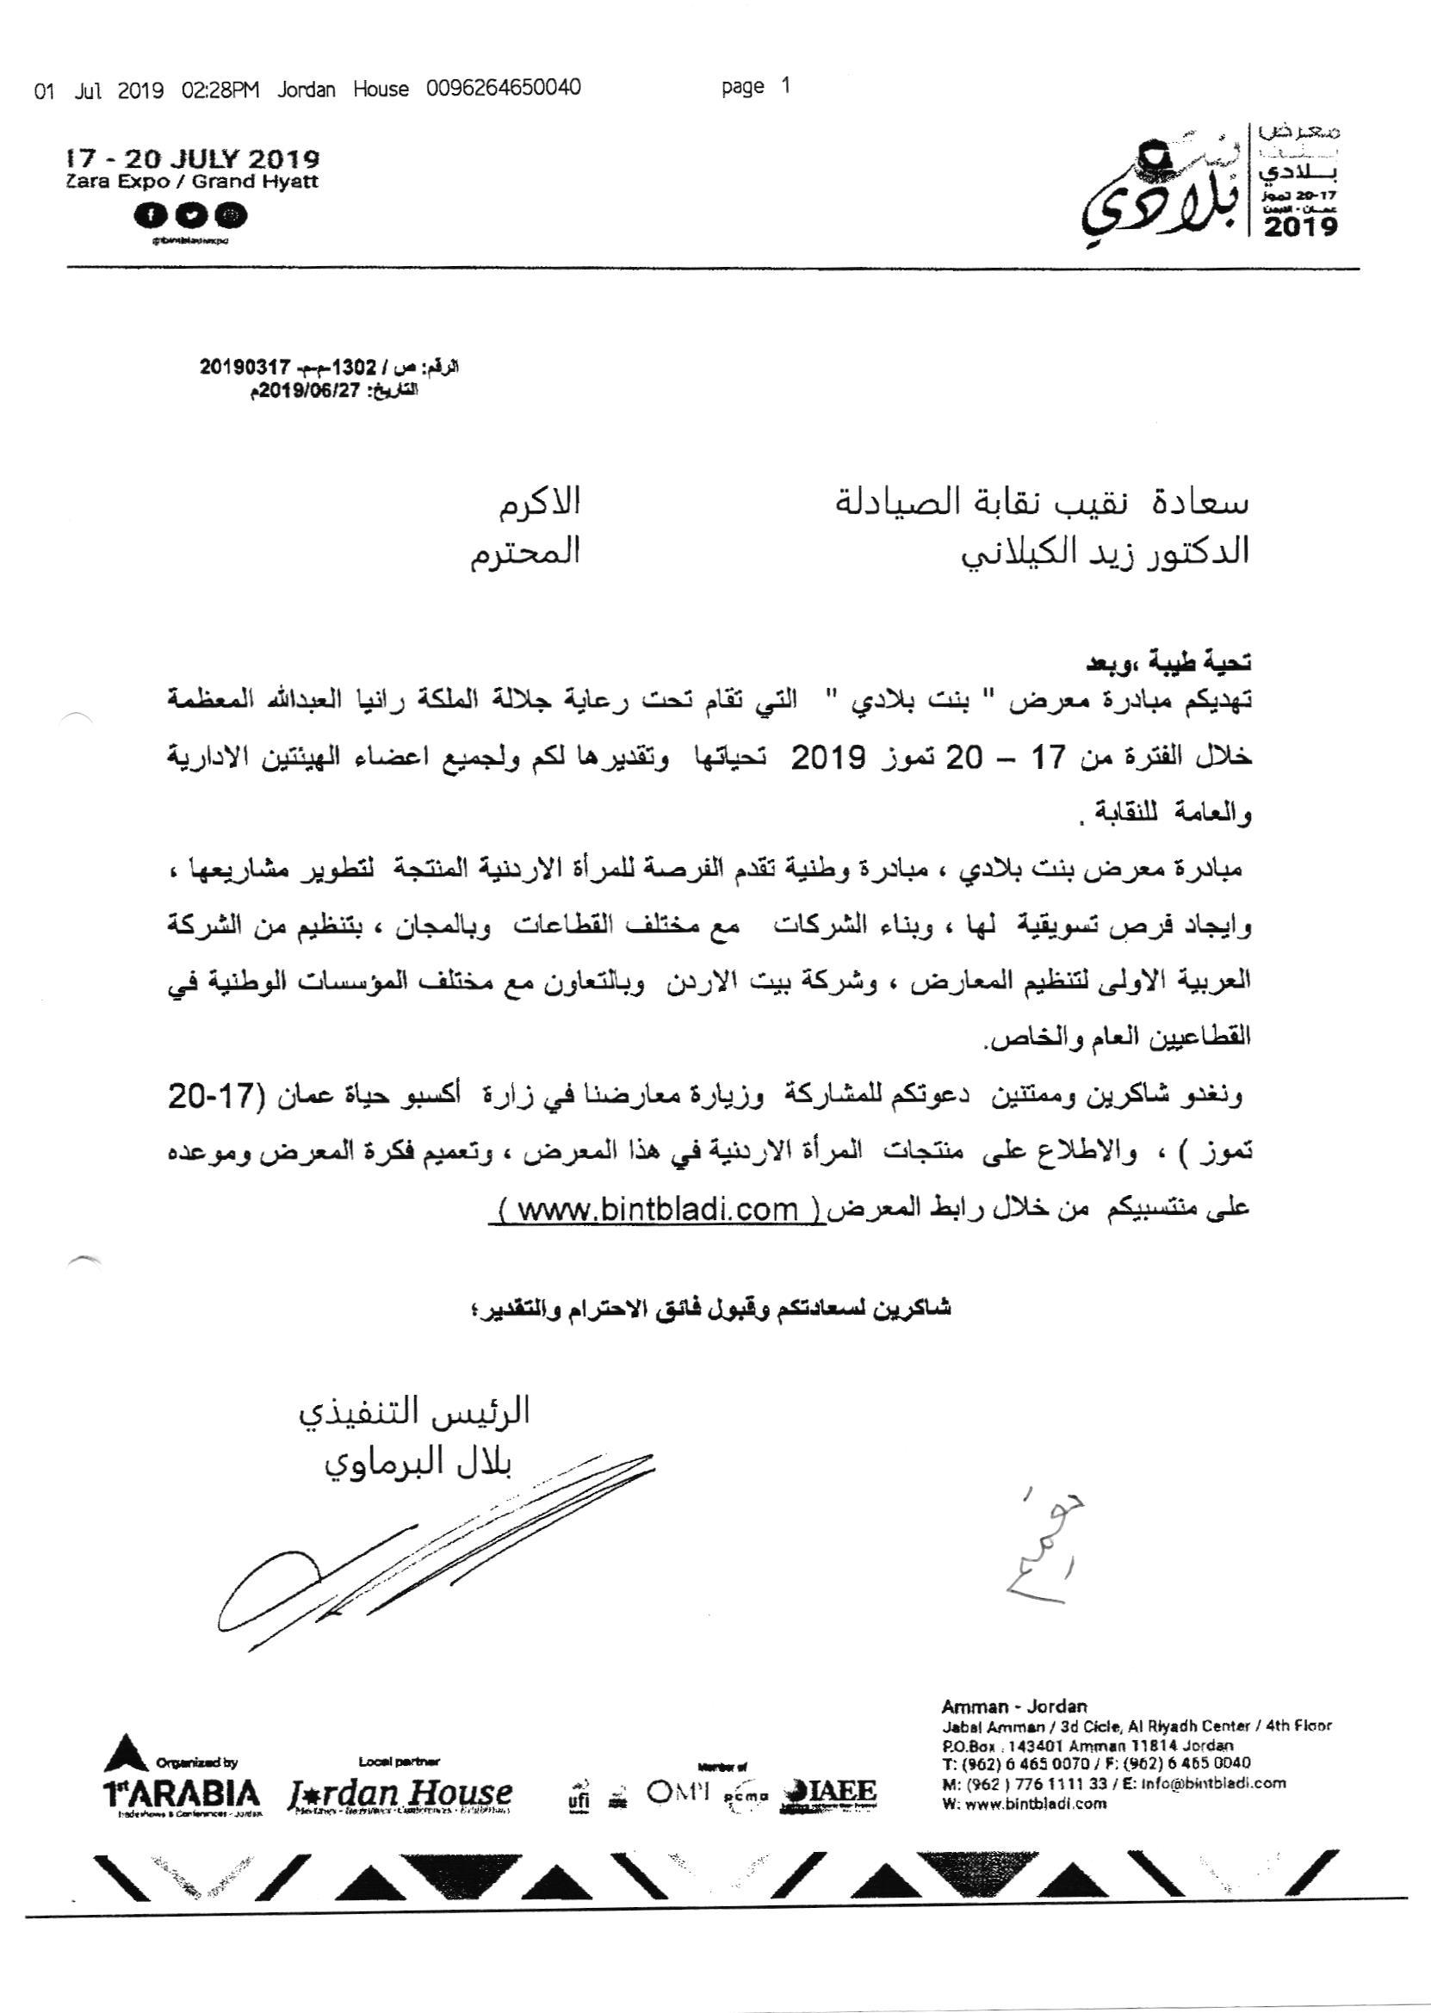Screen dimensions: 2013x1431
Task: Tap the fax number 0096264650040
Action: tap(503, 89)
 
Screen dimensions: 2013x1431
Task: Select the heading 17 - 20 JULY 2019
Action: tap(193, 160)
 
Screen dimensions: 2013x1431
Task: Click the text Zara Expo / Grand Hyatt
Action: tap(192, 183)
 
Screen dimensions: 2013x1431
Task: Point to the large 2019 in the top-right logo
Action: tap(1301, 226)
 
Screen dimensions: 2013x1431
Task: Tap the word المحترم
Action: tap(524, 553)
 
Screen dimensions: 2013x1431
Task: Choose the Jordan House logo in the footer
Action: tap(399, 1795)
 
